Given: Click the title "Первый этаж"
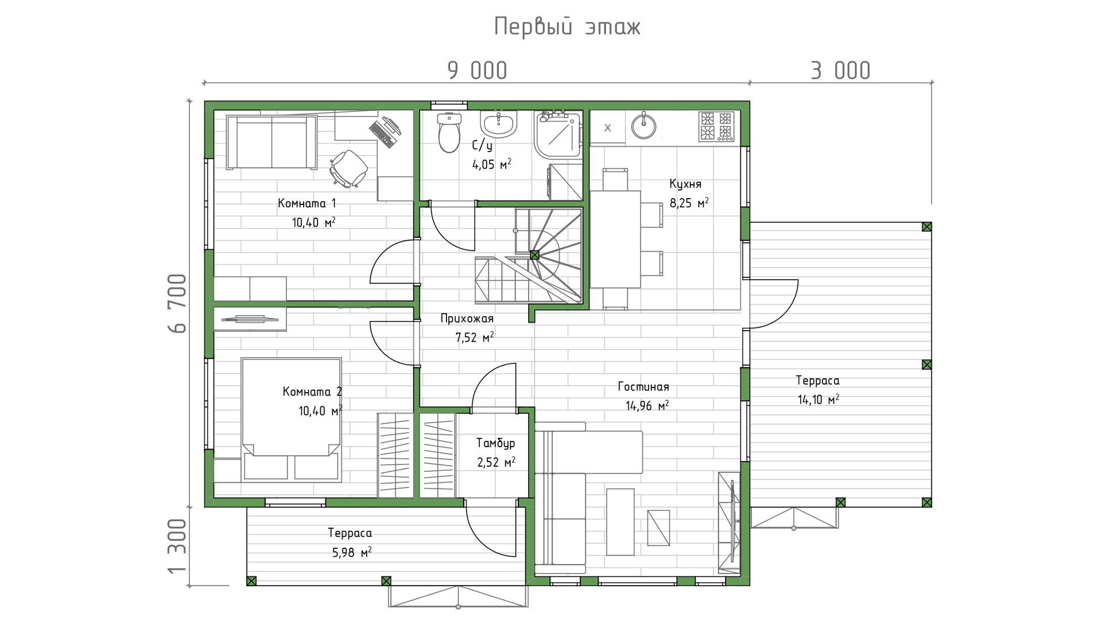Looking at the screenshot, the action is (567, 26).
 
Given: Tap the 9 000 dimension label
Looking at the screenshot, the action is (478, 71).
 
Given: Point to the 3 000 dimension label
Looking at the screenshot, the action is (840, 71).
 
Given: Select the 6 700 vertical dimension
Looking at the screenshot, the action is (178, 303).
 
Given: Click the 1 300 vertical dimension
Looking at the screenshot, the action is (178, 546).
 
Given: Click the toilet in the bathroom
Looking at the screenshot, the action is (449, 132).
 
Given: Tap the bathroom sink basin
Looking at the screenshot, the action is (499, 123).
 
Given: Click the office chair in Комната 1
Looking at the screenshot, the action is (348, 169).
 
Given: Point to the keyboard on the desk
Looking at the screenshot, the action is (382, 134).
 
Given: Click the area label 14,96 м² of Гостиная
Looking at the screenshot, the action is (647, 406).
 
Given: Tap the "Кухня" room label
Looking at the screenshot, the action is (685, 184).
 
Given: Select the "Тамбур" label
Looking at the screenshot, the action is (495, 443).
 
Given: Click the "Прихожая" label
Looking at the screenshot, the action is (467, 319).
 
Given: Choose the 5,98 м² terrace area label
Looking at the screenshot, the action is (351, 552).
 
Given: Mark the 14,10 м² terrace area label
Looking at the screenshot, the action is (818, 400).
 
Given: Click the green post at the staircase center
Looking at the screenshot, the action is (535, 255).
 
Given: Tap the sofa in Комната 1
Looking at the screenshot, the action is (271, 142).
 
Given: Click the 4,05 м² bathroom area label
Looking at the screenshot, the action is (491, 165).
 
